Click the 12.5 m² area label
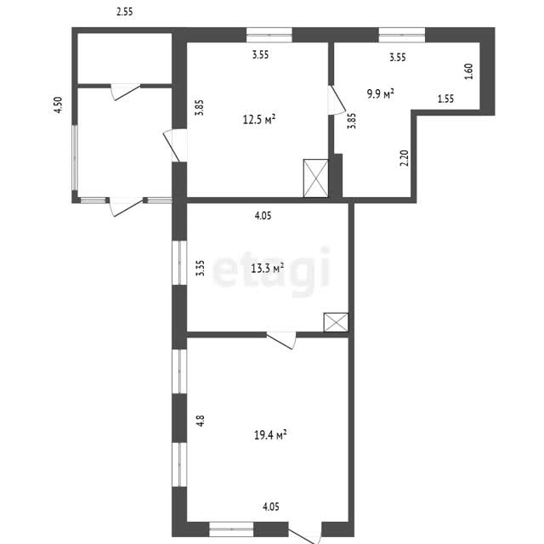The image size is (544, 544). (259, 119)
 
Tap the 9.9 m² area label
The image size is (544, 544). (381, 93)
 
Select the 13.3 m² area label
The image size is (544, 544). (268, 268)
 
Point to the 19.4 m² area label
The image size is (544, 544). (270, 434)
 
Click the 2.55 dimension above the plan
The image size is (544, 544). (125, 12)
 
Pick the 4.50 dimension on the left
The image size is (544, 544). (59, 105)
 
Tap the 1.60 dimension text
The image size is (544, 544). (468, 71)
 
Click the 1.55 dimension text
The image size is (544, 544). (445, 99)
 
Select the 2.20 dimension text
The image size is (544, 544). (405, 158)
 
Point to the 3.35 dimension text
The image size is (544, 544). (201, 269)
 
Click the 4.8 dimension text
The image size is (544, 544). (201, 421)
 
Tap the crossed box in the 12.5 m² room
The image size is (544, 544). (315, 178)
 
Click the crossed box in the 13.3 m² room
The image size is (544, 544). (336, 322)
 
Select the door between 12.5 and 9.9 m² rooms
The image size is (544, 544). (337, 99)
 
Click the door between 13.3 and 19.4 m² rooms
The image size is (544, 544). (281, 340)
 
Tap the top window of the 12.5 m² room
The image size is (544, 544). (269, 35)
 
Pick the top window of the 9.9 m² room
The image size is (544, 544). (402, 35)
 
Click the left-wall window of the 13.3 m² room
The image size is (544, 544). (179, 263)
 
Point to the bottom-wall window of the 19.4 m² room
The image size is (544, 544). (231, 529)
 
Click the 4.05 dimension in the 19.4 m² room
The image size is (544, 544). (271, 507)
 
